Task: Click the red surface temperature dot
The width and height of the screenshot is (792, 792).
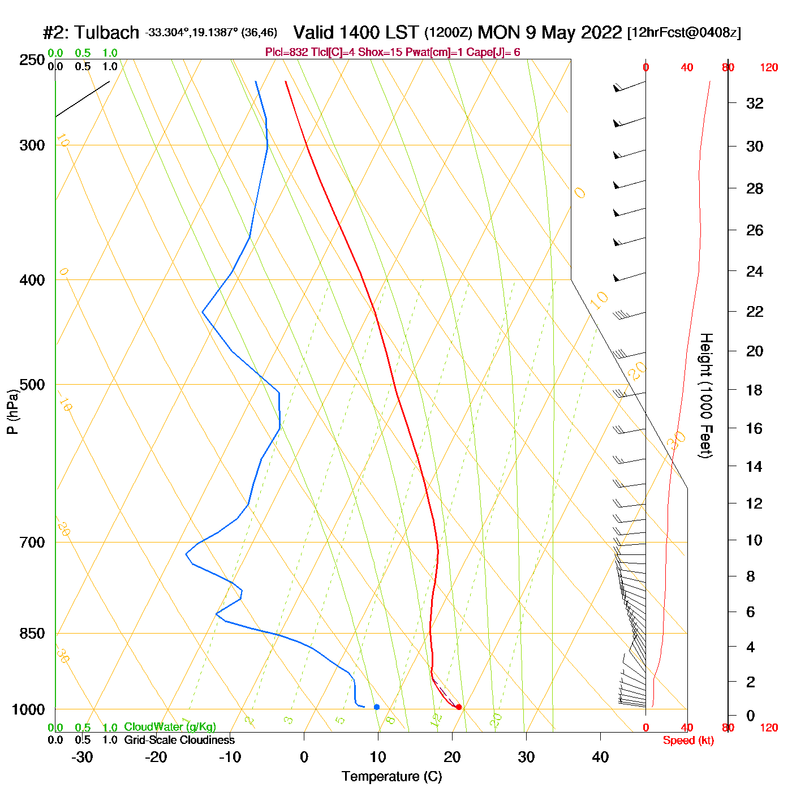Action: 459,707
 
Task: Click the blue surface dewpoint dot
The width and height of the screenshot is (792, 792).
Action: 377,707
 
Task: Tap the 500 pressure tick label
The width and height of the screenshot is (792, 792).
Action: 32,385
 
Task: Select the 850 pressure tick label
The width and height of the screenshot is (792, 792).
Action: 32,634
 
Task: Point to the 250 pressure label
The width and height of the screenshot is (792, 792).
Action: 32,60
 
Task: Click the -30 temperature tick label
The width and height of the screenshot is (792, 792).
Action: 82,757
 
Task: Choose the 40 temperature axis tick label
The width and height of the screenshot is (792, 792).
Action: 600,757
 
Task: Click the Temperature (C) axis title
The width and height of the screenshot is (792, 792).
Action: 391,777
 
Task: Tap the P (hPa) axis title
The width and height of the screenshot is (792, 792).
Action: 12,411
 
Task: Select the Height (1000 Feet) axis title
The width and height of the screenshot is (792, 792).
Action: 706,395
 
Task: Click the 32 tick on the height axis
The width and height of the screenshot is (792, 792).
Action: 755,104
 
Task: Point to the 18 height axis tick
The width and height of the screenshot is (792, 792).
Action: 754,390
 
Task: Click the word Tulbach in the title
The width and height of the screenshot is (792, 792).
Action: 107,33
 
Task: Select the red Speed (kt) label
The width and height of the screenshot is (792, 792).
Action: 688,741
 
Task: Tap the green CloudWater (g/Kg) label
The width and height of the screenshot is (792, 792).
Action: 170,727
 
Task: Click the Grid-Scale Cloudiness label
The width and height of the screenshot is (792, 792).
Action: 179,740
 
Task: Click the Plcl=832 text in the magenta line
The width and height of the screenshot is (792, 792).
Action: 287,53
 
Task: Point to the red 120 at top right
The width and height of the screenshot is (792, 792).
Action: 769,68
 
